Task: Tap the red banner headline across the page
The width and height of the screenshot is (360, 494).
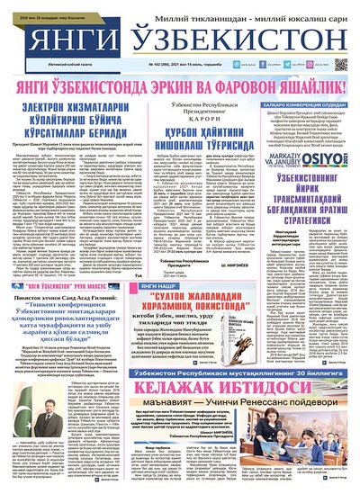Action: point(180,87)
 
